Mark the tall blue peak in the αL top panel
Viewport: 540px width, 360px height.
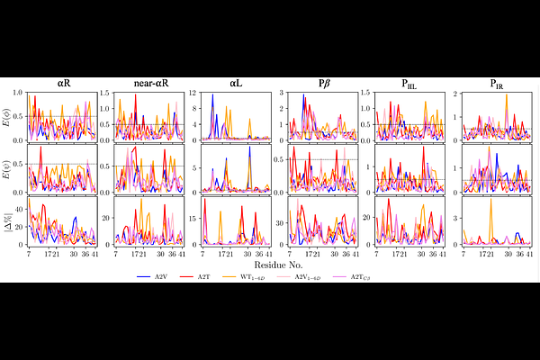point(212,95)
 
